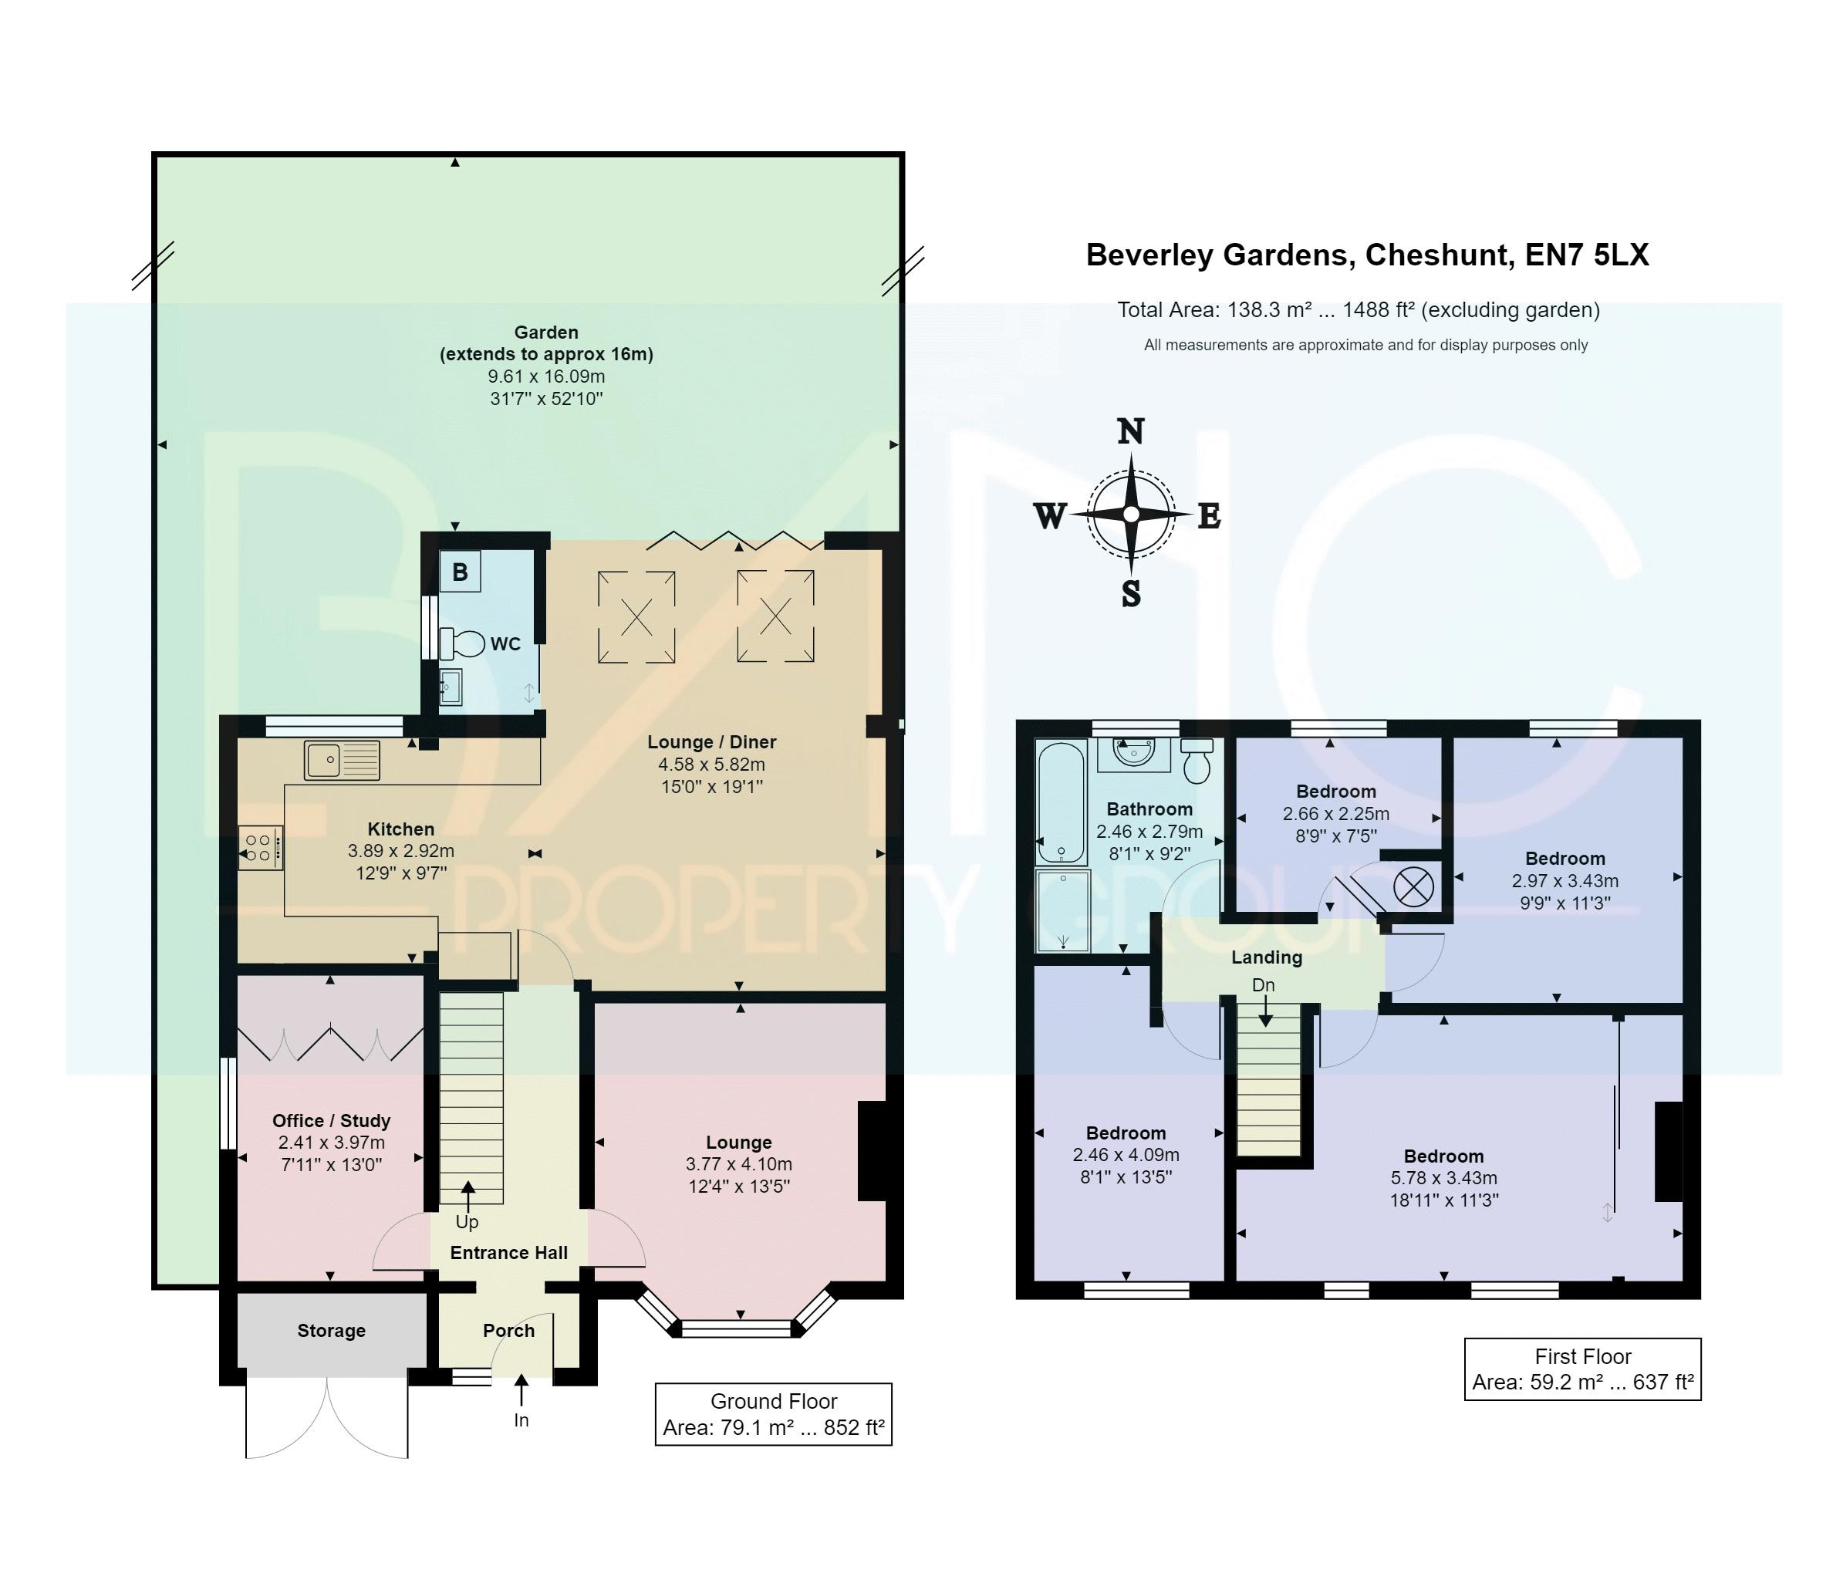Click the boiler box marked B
click(460, 571)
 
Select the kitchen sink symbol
click(342, 761)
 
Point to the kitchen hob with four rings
click(260, 848)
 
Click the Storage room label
click(331, 1330)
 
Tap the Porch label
click(509, 1330)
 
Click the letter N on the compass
click(1130, 431)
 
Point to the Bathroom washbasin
click(1134, 755)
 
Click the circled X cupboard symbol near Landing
click(1413, 887)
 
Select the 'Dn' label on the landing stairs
click(1263, 985)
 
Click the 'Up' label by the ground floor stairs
click(467, 1221)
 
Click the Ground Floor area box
click(774, 1413)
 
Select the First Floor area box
click(1582, 1369)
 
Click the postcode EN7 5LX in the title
click(1587, 255)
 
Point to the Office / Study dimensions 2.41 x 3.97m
click(331, 1143)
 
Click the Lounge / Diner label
click(711, 742)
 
